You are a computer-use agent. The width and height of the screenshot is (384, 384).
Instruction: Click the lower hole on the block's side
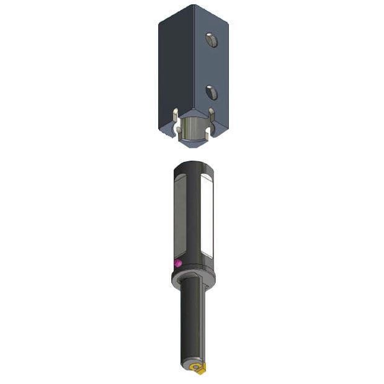(212, 92)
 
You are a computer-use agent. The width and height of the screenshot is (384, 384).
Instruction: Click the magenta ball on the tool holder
(178, 263)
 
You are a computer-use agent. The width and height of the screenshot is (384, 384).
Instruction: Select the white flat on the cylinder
(207, 217)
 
